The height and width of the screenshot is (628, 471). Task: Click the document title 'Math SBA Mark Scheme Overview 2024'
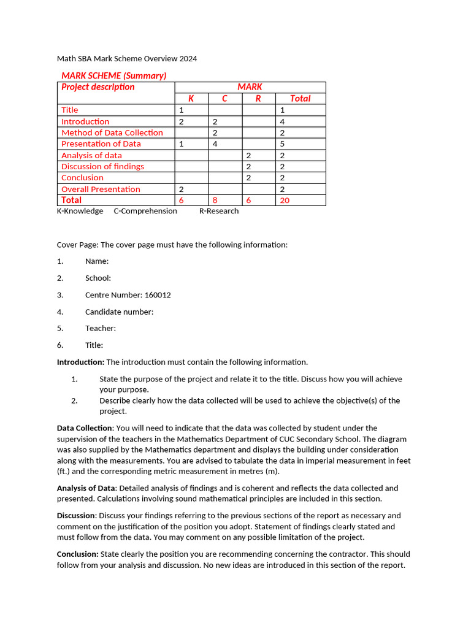(x=127, y=59)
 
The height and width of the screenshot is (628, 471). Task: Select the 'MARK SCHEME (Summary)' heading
(x=113, y=75)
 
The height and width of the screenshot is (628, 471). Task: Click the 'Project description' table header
(x=98, y=87)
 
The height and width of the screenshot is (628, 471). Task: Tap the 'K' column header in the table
(x=191, y=98)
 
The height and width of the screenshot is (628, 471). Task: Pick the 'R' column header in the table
(x=258, y=98)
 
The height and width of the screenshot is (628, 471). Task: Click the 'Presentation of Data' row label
(x=101, y=144)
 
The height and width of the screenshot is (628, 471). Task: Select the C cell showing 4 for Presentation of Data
(x=215, y=144)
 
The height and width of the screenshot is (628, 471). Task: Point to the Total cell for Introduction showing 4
(x=282, y=121)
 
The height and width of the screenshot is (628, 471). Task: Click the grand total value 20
(x=285, y=201)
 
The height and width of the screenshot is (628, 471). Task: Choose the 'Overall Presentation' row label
(x=101, y=189)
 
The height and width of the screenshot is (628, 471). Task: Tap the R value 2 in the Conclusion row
(x=248, y=178)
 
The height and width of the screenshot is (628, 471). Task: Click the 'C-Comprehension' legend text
(x=145, y=211)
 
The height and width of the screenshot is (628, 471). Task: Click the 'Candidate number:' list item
(x=119, y=312)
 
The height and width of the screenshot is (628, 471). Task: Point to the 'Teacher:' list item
(x=101, y=328)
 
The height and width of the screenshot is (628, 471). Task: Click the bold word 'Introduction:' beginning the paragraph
(x=80, y=362)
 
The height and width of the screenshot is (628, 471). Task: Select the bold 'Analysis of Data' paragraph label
(x=85, y=488)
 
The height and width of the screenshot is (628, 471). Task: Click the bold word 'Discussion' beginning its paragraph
(x=76, y=516)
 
